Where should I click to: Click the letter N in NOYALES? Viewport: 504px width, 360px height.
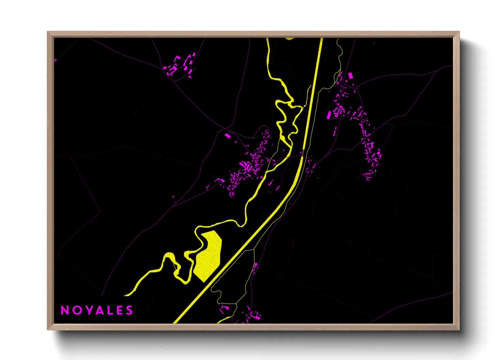point(64,310)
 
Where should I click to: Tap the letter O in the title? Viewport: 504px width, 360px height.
point(75,310)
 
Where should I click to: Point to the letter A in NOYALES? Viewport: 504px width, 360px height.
point(96,310)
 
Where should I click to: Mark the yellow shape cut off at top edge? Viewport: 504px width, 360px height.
point(289,38)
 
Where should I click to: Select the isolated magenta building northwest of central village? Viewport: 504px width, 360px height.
point(228,136)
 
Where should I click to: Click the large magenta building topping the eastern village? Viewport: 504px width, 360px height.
point(350,76)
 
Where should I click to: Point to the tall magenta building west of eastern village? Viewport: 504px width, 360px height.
point(329,114)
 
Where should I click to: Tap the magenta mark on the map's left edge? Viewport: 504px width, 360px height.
point(56,60)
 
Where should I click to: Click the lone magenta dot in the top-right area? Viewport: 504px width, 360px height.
point(374,43)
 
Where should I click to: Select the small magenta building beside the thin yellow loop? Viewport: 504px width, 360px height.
point(255,266)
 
